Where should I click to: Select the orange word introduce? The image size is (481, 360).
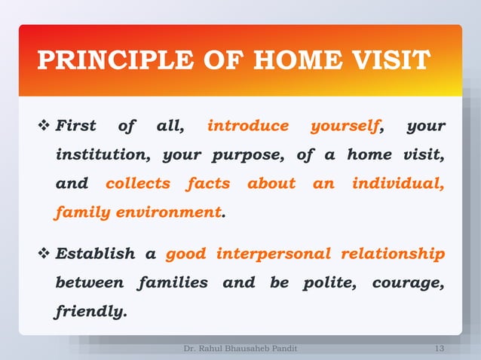(247, 126)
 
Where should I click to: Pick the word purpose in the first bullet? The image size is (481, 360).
(247, 155)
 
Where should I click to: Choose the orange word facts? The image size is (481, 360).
(209, 184)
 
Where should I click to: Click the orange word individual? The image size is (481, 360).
(398, 184)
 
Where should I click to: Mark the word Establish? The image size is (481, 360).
(95, 255)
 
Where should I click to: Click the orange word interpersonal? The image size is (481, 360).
(273, 255)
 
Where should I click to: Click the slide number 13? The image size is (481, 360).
(440, 349)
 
